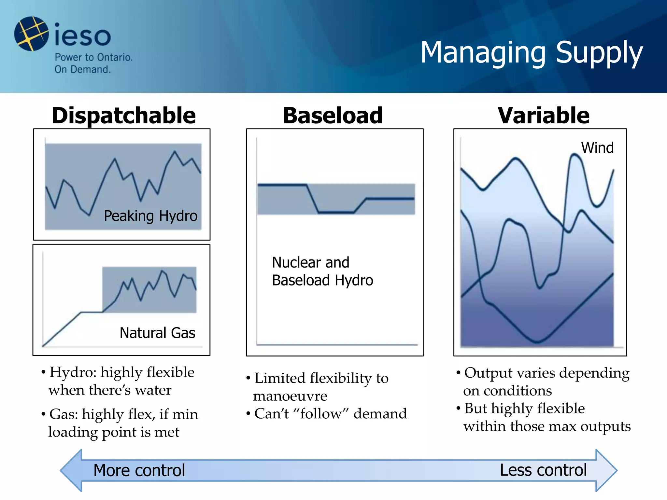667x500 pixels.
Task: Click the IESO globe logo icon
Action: pos(31,34)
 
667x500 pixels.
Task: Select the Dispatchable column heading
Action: pos(124,116)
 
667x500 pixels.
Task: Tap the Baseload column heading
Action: pos(333,116)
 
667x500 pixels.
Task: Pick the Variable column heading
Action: pos(543,116)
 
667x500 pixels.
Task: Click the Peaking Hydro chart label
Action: pos(150,216)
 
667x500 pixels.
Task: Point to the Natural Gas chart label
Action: pos(157,333)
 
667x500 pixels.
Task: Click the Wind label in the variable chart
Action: pos(597,148)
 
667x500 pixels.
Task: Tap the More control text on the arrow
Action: pos(139,470)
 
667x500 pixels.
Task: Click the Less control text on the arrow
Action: pos(543,470)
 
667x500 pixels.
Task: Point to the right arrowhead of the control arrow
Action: pos(606,470)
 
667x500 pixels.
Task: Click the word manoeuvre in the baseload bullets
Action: pos(290,396)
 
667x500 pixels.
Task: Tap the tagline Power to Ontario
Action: pos(93,57)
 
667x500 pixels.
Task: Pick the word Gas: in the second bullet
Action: pos(64,414)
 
